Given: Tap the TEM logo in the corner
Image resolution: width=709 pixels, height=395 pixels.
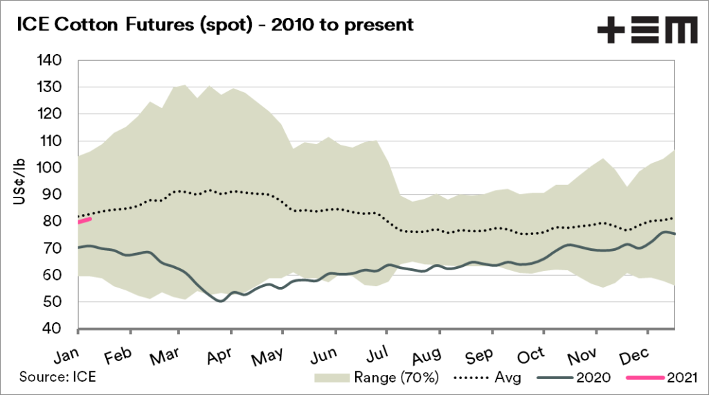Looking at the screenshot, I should pyautogui.click(x=647, y=30).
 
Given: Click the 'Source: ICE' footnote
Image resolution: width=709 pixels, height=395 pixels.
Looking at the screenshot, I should pyautogui.click(x=57, y=378).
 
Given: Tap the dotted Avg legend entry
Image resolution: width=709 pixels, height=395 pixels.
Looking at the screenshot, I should pyautogui.click(x=487, y=378).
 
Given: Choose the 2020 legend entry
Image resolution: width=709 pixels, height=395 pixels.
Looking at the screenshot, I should pyautogui.click(x=577, y=378).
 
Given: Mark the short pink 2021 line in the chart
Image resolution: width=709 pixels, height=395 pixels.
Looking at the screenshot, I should pyautogui.click(x=84, y=220).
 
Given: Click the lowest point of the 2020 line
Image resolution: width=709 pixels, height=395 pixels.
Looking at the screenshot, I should pyautogui.click(x=220, y=301).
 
